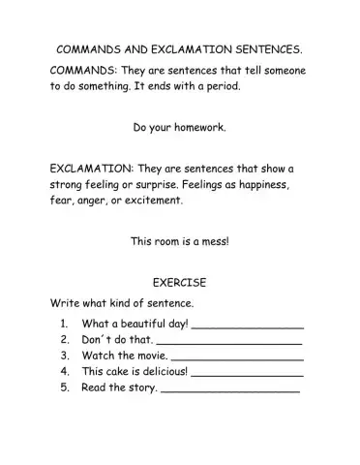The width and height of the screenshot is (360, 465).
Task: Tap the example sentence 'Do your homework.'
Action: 180,126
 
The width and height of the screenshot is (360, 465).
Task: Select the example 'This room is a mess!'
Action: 180,241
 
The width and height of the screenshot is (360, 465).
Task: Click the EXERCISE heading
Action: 180,282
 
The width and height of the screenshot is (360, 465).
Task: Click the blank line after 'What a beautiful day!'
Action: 249,326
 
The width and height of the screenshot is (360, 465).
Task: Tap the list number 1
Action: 63,324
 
